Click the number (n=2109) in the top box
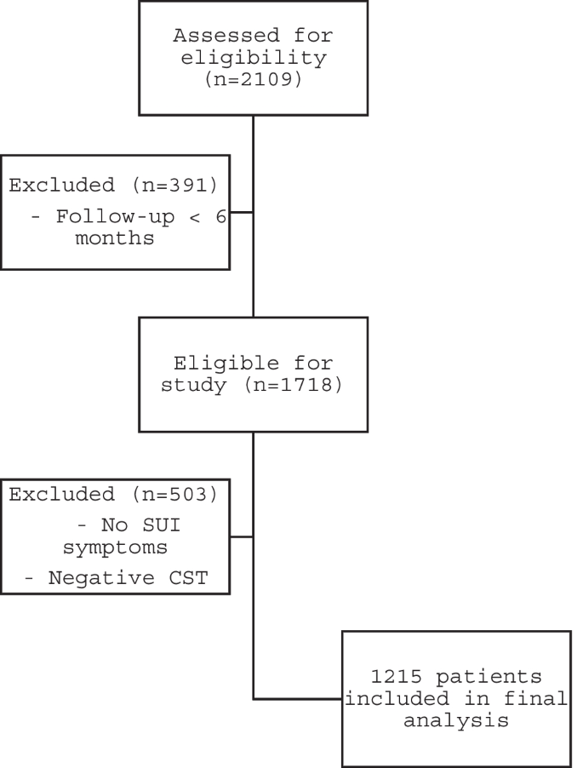tap(254, 82)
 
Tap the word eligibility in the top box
tap(254, 59)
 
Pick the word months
tap(114, 238)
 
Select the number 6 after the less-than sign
tap(220, 215)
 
